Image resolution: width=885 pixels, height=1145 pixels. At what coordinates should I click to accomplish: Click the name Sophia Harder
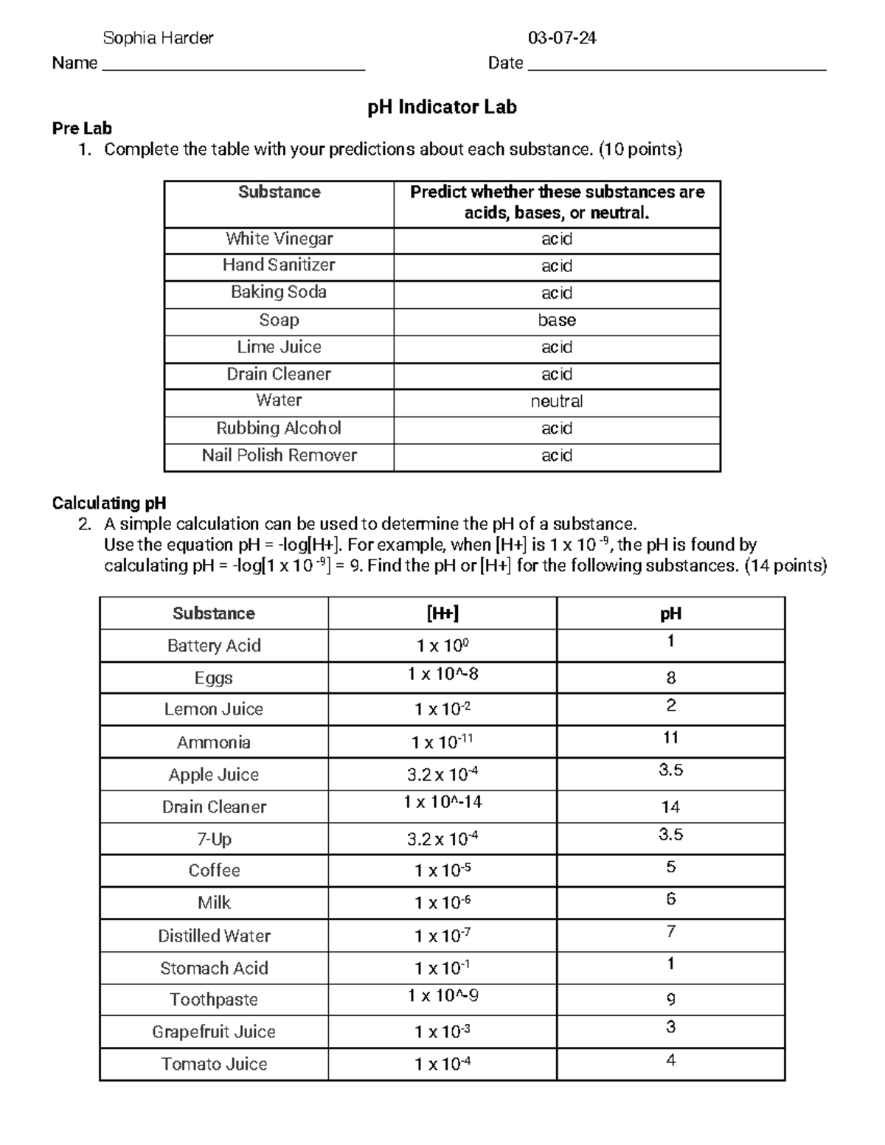(158, 38)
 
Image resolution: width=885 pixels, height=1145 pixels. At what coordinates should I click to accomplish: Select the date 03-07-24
(562, 38)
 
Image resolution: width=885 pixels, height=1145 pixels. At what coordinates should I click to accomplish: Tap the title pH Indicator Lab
(442, 107)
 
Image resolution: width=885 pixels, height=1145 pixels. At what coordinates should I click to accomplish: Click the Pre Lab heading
(82, 128)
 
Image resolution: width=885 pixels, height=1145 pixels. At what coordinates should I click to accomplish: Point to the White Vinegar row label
(279, 239)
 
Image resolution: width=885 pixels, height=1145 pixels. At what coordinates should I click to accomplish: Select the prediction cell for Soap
(557, 320)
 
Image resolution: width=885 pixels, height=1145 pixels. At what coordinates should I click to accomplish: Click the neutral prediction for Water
(557, 401)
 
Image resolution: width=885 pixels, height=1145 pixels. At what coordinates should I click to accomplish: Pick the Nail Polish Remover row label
(279, 455)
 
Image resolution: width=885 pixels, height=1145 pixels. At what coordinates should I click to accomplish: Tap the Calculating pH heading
(108, 503)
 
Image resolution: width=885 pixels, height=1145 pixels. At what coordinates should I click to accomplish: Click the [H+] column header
(442, 613)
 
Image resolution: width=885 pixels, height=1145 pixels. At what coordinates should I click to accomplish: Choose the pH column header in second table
(670, 613)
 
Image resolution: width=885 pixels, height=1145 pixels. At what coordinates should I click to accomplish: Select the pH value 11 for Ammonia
(670, 737)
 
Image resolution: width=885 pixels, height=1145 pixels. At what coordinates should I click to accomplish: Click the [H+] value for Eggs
(442, 674)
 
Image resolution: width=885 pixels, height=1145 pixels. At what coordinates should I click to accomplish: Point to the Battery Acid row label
(214, 646)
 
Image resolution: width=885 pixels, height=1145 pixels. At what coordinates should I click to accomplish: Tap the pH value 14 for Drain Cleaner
(670, 807)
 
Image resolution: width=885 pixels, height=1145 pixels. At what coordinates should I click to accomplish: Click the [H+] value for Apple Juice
(442, 774)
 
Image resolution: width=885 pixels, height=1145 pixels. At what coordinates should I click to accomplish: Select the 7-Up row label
(214, 839)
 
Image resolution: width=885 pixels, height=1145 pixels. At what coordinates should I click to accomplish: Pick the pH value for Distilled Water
(670, 931)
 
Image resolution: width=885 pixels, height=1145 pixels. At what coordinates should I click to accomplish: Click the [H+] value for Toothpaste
(442, 996)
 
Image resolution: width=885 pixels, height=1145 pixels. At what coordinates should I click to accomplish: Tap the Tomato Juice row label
(214, 1064)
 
